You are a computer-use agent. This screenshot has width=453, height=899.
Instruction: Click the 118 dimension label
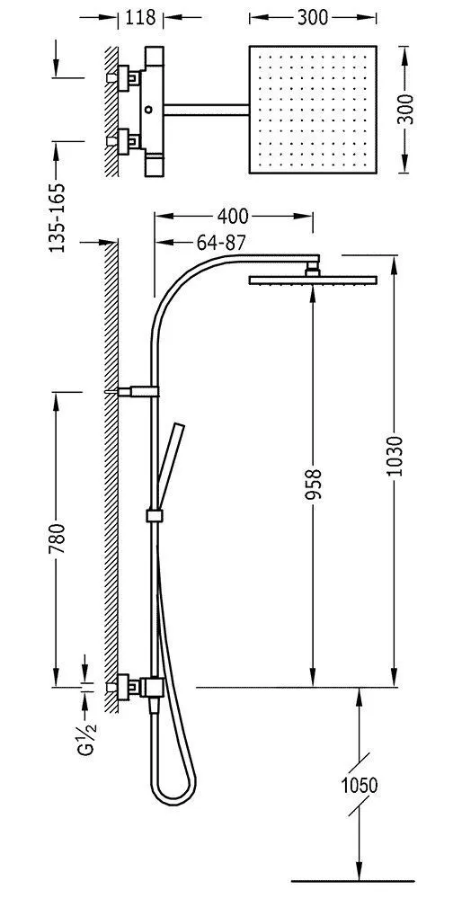click(140, 17)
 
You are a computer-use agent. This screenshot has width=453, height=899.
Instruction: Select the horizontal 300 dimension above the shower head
click(313, 18)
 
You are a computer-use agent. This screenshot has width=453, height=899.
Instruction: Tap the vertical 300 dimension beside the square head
click(406, 109)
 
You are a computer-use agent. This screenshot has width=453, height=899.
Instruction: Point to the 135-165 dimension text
click(57, 218)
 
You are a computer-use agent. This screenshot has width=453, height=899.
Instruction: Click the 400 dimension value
click(233, 216)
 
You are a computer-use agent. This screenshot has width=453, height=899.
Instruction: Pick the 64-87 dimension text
click(221, 243)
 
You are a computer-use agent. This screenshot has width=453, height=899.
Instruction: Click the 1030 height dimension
click(395, 456)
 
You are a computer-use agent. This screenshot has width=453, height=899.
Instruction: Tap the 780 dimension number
click(57, 539)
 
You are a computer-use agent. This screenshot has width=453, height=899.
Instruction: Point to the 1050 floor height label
click(359, 785)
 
